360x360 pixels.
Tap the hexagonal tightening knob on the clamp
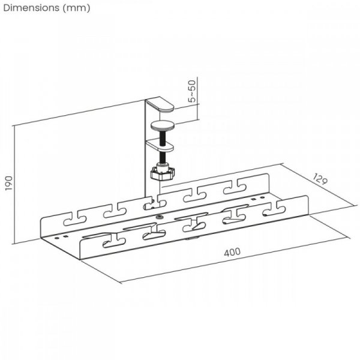pyautogui.click(x=163, y=173)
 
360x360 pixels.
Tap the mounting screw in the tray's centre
pyautogui.click(x=160, y=217)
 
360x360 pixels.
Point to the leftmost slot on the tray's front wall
pyautogui.click(x=111, y=243)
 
